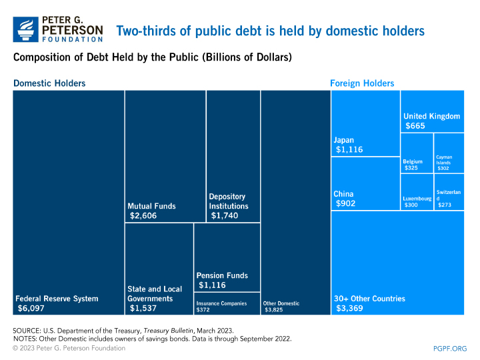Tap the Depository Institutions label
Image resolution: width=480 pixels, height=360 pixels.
coord(227,201)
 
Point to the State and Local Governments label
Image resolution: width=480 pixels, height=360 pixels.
coord(155,293)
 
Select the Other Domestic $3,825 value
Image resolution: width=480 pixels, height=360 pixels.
coord(273,310)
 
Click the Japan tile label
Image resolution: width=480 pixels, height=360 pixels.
coord(344,140)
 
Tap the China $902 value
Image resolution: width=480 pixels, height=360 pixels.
coord(345,203)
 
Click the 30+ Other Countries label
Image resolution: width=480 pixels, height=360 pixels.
coord(369,299)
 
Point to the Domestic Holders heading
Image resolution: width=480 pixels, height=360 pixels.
coord(49,83)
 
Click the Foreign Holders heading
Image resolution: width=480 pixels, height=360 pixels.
coord(362,83)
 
